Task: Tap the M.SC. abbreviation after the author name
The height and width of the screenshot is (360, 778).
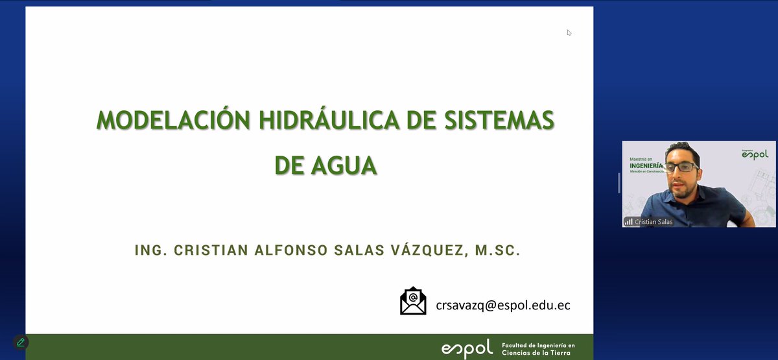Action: pyautogui.click(x=497, y=250)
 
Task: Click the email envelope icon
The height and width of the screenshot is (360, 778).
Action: pyautogui.click(x=413, y=302)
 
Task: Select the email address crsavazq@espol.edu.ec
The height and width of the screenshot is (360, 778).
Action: pyautogui.click(x=503, y=304)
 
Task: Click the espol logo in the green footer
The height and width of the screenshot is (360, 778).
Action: pyautogui.click(x=467, y=348)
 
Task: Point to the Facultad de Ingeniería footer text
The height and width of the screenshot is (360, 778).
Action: pyautogui.click(x=538, y=348)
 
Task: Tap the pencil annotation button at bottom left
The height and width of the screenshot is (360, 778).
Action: pyautogui.click(x=21, y=342)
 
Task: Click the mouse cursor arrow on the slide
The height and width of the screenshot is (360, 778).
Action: pyautogui.click(x=569, y=32)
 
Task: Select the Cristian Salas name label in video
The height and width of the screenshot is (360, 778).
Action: pyautogui.click(x=655, y=222)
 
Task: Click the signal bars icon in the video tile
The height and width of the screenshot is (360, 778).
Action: pyautogui.click(x=628, y=222)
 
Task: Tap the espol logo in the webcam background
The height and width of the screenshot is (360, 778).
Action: pyautogui.click(x=755, y=154)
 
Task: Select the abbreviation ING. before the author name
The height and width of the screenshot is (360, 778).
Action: pyautogui.click(x=150, y=250)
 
